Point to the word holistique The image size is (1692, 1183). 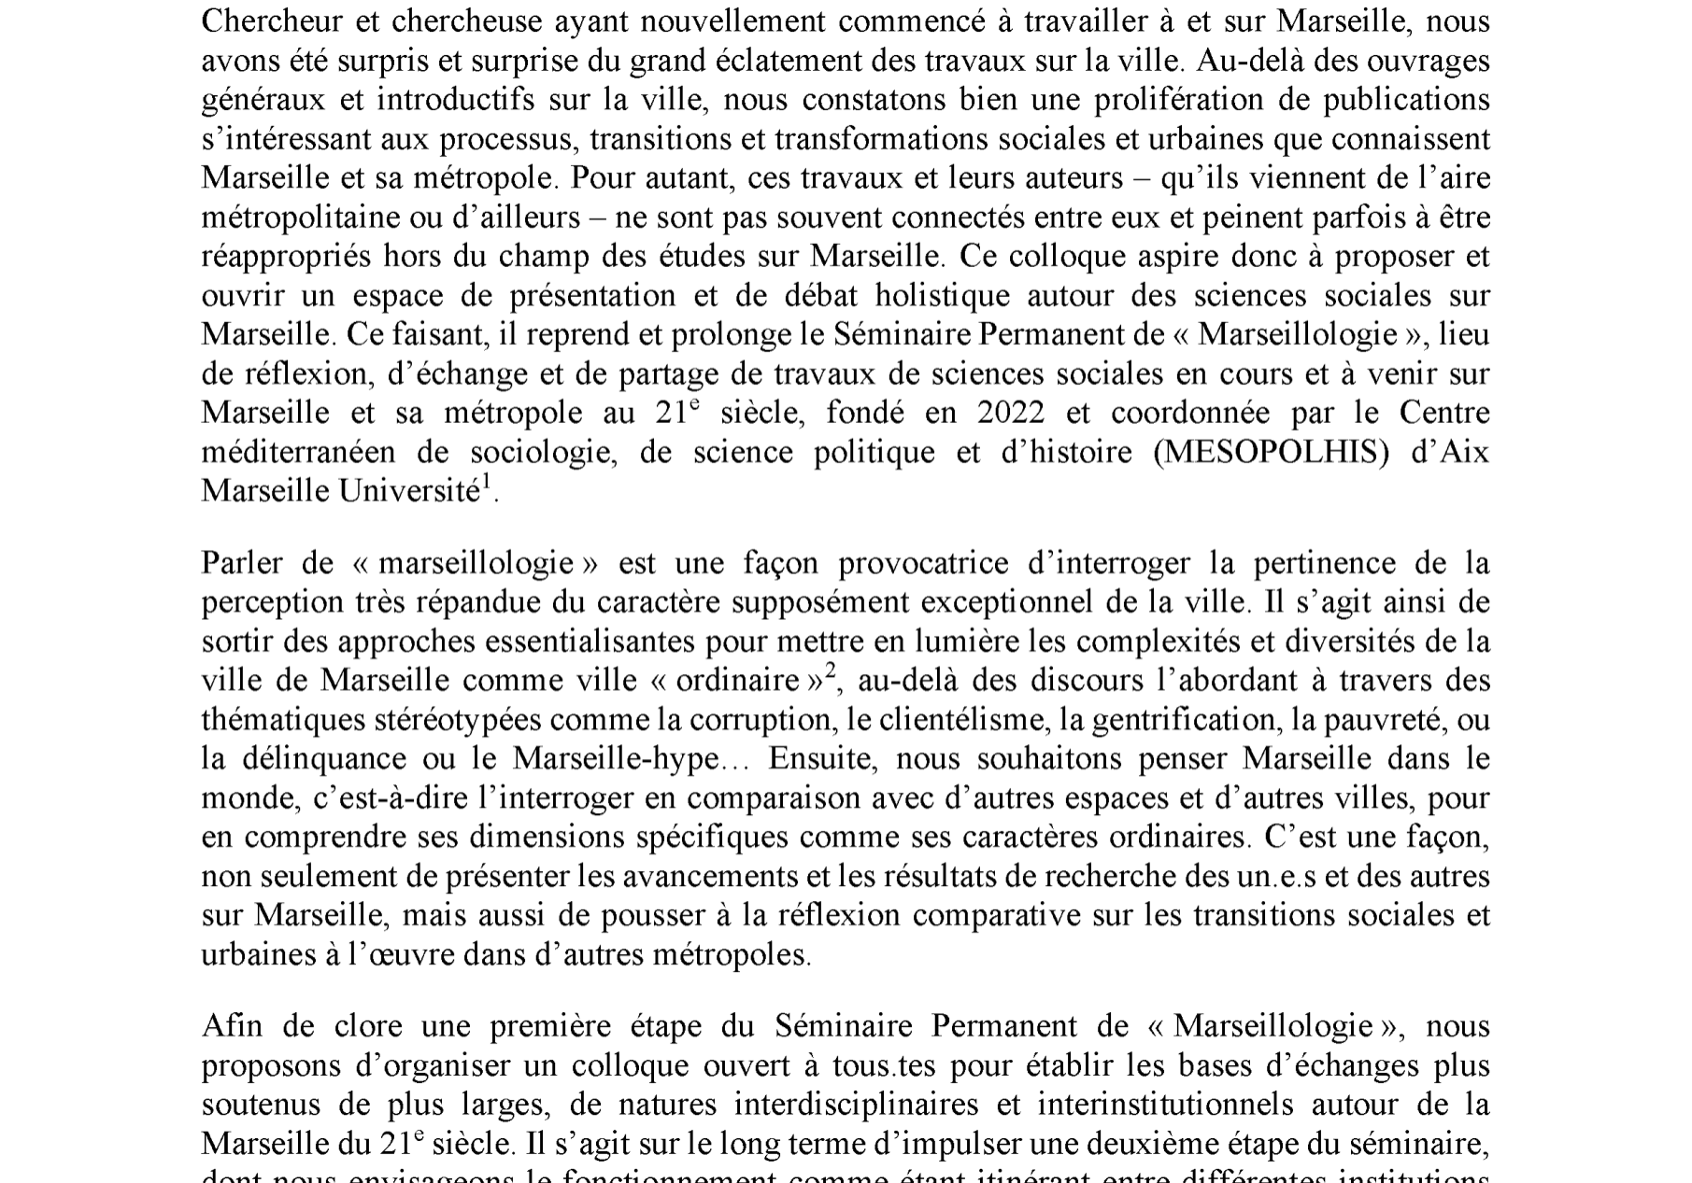[943, 296]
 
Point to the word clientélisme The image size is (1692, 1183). [967, 720]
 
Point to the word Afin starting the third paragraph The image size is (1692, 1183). [232, 1026]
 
